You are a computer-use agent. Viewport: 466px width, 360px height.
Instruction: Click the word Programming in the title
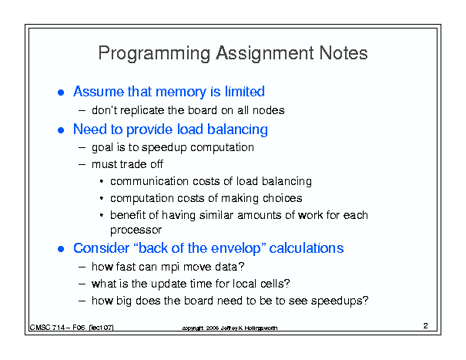click(x=154, y=54)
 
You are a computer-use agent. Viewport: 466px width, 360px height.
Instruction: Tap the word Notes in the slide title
click(x=344, y=53)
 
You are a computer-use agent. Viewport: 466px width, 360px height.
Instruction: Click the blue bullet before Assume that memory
click(x=61, y=93)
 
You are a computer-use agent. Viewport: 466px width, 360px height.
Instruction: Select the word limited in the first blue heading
click(x=244, y=91)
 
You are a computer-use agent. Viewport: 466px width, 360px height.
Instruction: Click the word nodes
click(x=268, y=110)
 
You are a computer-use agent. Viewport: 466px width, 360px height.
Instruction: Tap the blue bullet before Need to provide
click(x=61, y=130)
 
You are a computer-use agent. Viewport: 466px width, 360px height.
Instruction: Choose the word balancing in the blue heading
click(x=237, y=130)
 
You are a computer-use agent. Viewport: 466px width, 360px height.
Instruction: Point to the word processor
click(x=136, y=230)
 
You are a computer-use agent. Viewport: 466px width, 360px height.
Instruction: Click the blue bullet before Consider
click(x=61, y=249)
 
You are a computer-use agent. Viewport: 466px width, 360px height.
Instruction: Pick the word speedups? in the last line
click(x=340, y=301)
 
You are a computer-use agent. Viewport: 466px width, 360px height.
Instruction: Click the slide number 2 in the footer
click(x=426, y=326)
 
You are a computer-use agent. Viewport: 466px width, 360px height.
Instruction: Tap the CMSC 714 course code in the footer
click(x=47, y=328)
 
